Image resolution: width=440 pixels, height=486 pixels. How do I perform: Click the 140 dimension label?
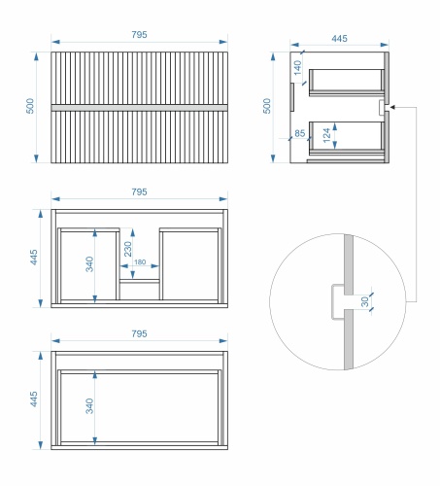click(x=297, y=67)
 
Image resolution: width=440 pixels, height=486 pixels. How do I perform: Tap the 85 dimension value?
click(x=299, y=133)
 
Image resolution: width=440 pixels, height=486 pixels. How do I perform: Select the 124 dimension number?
click(x=326, y=135)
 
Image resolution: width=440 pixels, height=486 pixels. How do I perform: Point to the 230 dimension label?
click(x=128, y=249)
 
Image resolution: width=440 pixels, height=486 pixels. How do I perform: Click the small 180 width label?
click(x=140, y=261)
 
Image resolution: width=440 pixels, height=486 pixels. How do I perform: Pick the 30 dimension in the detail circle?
click(x=365, y=301)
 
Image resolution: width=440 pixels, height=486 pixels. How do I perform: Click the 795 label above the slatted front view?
click(x=139, y=35)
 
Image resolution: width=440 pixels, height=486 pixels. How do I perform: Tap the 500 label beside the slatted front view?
click(x=29, y=106)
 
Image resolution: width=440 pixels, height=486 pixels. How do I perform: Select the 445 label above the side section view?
click(x=339, y=39)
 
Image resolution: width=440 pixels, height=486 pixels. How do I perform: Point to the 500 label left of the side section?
click(x=266, y=106)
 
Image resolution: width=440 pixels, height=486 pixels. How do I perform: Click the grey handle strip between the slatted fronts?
click(x=139, y=108)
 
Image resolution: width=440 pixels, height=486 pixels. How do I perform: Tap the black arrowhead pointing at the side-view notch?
click(x=392, y=107)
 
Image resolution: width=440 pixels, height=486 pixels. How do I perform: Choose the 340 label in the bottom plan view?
click(x=89, y=405)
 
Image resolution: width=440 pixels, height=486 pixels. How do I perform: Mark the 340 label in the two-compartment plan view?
click(x=89, y=264)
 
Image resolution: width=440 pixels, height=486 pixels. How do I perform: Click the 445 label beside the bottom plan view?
click(x=34, y=399)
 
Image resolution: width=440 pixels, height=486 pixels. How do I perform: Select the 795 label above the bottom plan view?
click(x=139, y=333)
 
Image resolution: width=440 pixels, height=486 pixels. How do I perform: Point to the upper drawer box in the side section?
click(x=347, y=83)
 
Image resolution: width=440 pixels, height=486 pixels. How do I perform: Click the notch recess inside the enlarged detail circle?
click(x=338, y=301)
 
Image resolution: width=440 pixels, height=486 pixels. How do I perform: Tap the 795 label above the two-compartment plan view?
click(x=139, y=192)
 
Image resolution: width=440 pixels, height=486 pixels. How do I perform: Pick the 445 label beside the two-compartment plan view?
click(x=34, y=258)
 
